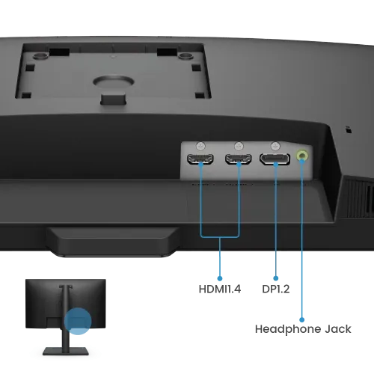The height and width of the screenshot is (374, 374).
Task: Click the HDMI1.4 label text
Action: (x=220, y=289)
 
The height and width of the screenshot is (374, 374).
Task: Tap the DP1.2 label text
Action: (x=276, y=289)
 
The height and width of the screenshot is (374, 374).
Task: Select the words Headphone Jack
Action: (x=303, y=329)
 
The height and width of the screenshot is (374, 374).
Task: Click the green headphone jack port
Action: (x=302, y=156)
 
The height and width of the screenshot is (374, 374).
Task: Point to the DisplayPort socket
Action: (x=275, y=159)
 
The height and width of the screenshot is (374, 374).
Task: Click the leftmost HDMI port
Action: (x=200, y=159)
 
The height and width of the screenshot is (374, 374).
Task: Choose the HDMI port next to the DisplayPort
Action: (x=239, y=159)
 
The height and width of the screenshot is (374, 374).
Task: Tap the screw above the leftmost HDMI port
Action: (x=200, y=146)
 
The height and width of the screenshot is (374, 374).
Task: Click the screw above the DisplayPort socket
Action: (x=275, y=146)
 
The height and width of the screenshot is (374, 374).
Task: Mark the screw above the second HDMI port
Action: (x=239, y=146)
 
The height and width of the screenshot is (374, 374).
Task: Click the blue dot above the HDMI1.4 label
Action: (x=220, y=278)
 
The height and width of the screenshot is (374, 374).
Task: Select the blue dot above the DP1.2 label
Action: (x=276, y=278)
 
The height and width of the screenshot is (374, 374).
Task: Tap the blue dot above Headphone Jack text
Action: (x=302, y=319)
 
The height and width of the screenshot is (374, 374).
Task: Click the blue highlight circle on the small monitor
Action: (x=78, y=321)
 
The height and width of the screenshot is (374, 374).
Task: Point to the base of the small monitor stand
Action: (x=66, y=351)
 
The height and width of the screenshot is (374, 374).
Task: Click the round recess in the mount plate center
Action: (x=114, y=82)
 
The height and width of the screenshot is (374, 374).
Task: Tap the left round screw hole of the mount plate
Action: (x=40, y=56)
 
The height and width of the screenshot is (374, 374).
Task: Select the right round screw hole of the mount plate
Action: (x=186, y=56)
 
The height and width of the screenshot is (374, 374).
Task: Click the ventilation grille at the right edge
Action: (x=359, y=197)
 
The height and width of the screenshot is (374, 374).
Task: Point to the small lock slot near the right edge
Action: (x=349, y=129)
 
